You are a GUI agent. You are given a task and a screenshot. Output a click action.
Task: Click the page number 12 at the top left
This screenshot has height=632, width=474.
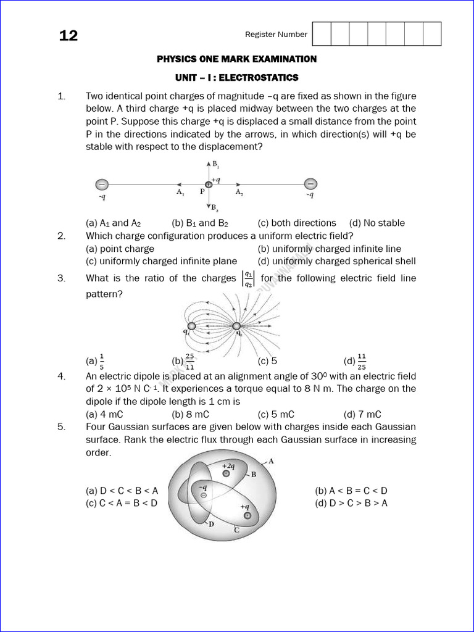(69, 36)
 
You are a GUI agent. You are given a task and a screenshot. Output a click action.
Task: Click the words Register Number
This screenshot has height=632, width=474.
(276, 35)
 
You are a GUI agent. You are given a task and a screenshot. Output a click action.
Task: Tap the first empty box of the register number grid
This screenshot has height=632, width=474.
(322, 34)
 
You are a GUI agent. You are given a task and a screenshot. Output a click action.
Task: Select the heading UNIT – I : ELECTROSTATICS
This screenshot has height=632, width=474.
(236, 78)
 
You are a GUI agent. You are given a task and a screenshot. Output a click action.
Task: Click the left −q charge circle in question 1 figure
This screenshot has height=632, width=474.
(102, 184)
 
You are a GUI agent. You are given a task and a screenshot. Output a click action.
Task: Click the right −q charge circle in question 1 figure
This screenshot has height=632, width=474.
(311, 184)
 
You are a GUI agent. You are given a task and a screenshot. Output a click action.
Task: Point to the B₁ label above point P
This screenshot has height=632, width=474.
(215, 165)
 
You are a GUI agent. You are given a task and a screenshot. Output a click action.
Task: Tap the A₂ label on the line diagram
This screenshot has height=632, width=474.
(239, 192)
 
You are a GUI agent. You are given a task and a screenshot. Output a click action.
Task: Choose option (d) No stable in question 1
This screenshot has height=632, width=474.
(376, 223)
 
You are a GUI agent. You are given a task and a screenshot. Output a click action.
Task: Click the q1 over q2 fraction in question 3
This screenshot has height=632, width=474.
(247, 278)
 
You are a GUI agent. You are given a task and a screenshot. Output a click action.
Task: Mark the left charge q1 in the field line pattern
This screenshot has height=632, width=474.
(191, 326)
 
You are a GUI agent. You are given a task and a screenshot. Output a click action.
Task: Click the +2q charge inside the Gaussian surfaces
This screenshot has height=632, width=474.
(227, 473)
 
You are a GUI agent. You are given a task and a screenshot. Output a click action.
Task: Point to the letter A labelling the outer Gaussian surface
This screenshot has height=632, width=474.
(271, 461)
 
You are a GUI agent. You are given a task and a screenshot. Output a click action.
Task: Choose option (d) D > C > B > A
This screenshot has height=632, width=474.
(351, 503)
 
